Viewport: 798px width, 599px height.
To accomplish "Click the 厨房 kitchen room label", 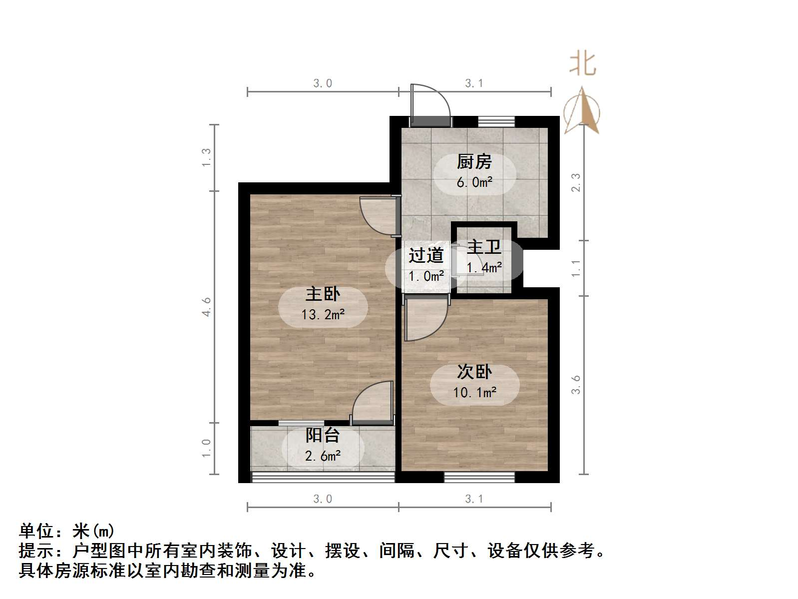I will point(474,162).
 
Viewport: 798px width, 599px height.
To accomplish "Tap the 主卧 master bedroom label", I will point(323,294).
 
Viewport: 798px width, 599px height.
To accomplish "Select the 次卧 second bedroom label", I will point(474,372).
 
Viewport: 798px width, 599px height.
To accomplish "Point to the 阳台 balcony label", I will point(323,435).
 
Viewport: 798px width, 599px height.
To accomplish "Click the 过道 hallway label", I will point(426,255).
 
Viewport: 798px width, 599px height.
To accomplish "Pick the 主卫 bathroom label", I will point(484,247).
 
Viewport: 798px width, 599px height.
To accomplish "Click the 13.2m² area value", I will point(323,315).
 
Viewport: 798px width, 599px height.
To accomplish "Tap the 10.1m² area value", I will point(474,393).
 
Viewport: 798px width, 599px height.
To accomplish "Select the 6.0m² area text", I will point(474,182).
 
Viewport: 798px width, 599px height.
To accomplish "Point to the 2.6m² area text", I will point(323,456).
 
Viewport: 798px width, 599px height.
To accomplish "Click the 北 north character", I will point(583,64).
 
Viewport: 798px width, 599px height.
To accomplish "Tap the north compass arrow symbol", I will point(582,111).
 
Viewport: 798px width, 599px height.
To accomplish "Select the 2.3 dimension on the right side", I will point(576,182).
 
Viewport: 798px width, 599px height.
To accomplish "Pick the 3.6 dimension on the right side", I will point(576,385).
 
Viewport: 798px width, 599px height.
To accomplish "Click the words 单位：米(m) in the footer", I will point(66,531).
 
